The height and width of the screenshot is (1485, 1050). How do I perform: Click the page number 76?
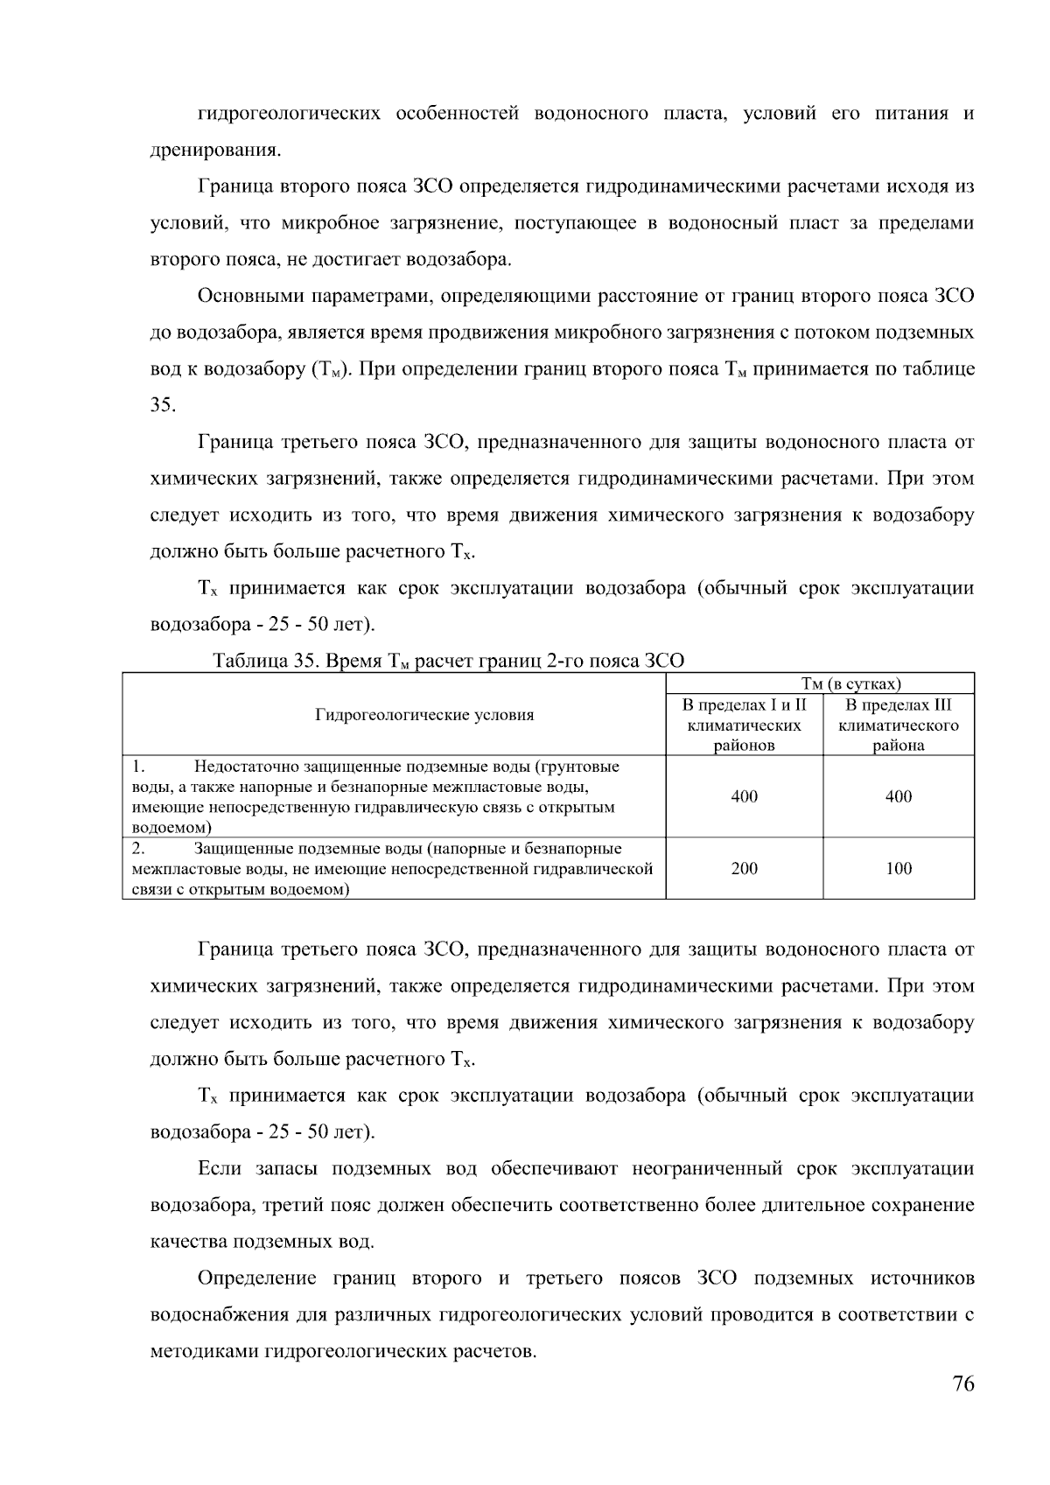962,1384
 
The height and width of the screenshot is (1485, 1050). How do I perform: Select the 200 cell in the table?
744,869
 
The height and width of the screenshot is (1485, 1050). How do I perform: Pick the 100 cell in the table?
899,869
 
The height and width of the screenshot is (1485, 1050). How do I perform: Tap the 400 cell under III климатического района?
899,796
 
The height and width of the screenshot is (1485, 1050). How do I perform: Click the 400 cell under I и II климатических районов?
744,796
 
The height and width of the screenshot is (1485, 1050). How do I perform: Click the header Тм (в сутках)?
851,684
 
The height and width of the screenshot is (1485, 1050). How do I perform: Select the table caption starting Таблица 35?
448,662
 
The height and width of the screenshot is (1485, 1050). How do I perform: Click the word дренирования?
215,151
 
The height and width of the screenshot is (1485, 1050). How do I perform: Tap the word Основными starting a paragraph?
248,296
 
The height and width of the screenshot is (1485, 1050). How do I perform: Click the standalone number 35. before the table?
163,405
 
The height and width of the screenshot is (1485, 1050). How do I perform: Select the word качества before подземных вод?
186,1242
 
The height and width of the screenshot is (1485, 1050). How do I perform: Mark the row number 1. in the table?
138,767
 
